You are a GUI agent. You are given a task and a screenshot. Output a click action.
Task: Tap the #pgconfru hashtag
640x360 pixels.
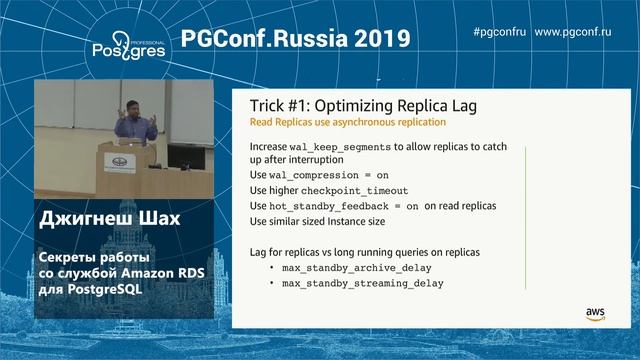pyautogui.click(x=499, y=32)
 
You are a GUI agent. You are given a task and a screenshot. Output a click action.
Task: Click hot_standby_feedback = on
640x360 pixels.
pyautogui.click(x=341, y=205)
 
